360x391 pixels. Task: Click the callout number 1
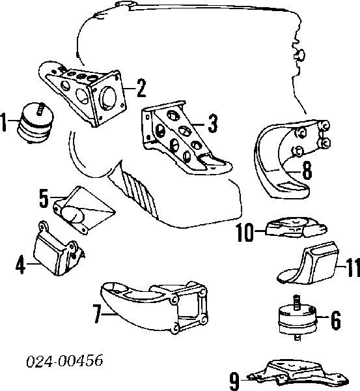3,123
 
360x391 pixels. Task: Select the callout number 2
141,88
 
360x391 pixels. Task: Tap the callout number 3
212,123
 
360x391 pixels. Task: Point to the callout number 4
20,265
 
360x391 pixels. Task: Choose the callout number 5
44,198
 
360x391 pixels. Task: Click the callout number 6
336,320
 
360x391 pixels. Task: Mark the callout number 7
97,313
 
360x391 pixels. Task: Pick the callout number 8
307,170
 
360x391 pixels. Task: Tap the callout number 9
234,381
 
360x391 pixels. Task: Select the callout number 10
245,233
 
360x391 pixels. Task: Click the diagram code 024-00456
64,360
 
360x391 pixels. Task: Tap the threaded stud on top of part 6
296,302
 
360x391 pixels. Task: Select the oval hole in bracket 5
72,214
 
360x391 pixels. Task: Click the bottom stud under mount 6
297,338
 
